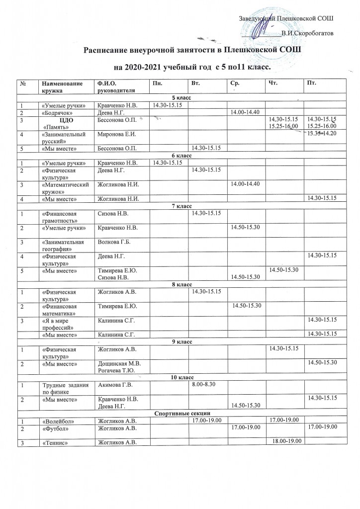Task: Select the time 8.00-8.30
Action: (203, 384)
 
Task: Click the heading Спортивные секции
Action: (180, 413)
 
